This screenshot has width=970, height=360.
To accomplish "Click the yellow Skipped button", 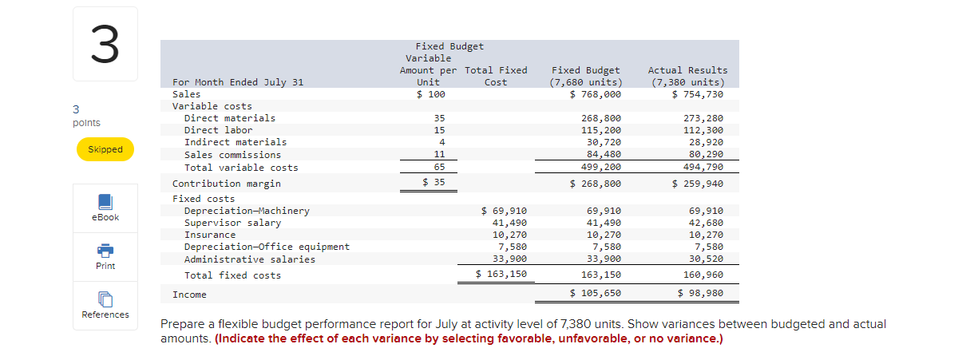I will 105,149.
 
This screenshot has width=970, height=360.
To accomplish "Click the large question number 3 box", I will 105,44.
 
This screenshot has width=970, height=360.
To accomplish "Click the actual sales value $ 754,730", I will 699,94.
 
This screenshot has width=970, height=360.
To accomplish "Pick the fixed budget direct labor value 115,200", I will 600,130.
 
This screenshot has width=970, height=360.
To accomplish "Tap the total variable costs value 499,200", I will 600,168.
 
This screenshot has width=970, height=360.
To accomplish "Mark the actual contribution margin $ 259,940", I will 699,184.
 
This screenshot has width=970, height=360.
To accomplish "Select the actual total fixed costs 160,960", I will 705,275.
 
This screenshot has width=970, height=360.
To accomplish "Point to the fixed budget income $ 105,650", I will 596,294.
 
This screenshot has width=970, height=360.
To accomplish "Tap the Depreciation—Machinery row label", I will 247,212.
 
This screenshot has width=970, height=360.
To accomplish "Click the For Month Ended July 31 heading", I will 238,82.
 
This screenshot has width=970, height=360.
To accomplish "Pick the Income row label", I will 189,295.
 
